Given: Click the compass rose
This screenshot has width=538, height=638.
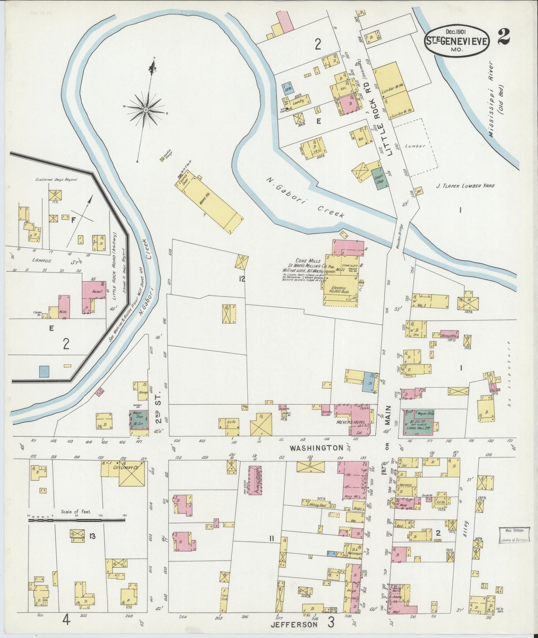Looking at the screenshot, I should (145, 110).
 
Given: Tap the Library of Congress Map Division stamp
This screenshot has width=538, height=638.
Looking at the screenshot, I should (514, 535).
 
